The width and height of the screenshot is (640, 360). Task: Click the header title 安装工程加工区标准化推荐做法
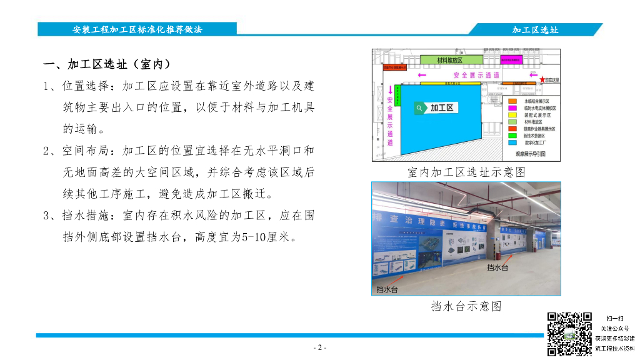pos(137,29)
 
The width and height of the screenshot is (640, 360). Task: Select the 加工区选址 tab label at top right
pos(535,29)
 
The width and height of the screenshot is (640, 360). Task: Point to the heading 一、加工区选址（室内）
pos(107,64)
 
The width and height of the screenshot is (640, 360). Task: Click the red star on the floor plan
pos(542,79)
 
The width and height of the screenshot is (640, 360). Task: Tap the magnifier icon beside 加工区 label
pos(419,107)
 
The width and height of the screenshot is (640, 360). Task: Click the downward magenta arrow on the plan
pos(390,89)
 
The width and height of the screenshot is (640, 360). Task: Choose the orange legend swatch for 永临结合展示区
pos(511,101)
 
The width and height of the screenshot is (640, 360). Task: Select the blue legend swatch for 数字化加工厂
pos(511,142)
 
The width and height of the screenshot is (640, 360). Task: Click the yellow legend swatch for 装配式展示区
pos(511,115)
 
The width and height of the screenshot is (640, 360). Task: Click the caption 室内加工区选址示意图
pos(466,172)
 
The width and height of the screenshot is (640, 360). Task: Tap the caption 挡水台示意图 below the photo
pos(466,306)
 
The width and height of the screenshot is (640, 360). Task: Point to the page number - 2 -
pos(319,348)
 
